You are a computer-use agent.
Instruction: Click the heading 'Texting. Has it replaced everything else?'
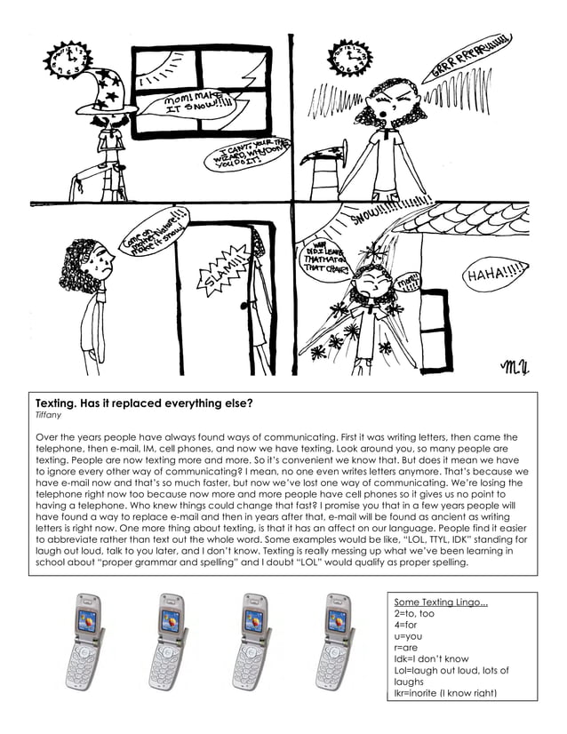pos(143,403)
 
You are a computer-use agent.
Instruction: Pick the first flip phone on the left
pos(88,641)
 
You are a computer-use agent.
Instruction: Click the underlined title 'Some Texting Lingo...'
pos(441,603)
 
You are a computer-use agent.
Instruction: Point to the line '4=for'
pos(404,626)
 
